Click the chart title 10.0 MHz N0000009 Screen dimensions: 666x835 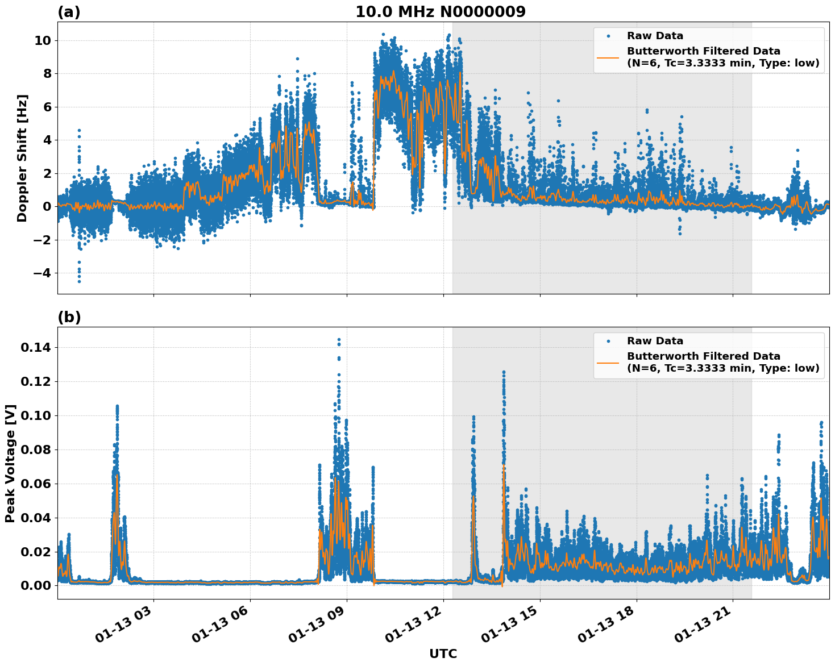click(x=441, y=11)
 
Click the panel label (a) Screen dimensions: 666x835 click(x=69, y=12)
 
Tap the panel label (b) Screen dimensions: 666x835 click(x=69, y=317)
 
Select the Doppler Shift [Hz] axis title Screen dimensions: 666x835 click(x=22, y=158)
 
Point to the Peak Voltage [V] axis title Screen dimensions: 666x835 click(x=10, y=463)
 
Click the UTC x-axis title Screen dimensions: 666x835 click(x=443, y=653)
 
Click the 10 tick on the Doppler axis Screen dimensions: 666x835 click(x=43, y=40)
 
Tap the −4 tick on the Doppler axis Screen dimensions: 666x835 click(x=39, y=273)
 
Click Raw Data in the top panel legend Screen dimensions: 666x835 click(x=655, y=36)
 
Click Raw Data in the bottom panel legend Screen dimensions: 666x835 click(x=655, y=341)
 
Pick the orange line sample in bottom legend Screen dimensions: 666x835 click(x=608, y=362)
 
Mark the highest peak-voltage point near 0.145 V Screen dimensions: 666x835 click(x=339, y=340)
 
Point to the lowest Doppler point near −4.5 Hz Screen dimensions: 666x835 click(x=79, y=281)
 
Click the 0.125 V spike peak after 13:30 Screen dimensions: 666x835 click(x=504, y=372)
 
